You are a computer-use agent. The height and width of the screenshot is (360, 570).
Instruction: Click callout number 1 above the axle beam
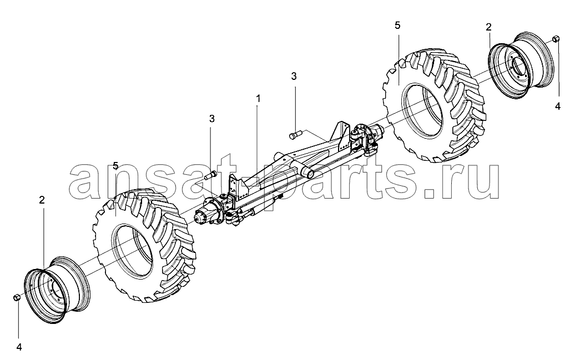click(x=258, y=98)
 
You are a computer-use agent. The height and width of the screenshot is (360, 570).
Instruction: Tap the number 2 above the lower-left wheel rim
click(x=42, y=200)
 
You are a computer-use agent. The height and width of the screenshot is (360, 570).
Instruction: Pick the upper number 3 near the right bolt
click(x=294, y=77)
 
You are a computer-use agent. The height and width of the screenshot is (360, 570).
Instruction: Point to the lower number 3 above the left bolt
click(x=211, y=119)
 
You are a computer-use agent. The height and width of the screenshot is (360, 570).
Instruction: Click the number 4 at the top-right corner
click(x=558, y=107)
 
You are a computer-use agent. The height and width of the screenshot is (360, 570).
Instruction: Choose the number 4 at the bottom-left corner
click(x=19, y=347)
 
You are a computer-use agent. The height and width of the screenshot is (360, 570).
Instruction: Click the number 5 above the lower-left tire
click(x=115, y=166)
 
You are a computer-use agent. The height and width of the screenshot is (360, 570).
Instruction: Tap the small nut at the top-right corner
click(x=556, y=39)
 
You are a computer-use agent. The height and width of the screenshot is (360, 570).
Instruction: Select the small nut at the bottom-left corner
click(x=16, y=298)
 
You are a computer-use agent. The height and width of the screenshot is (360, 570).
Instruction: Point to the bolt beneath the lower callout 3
click(x=210, y=175)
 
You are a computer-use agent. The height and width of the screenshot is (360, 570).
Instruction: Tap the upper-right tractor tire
click(x=435, y=106)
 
